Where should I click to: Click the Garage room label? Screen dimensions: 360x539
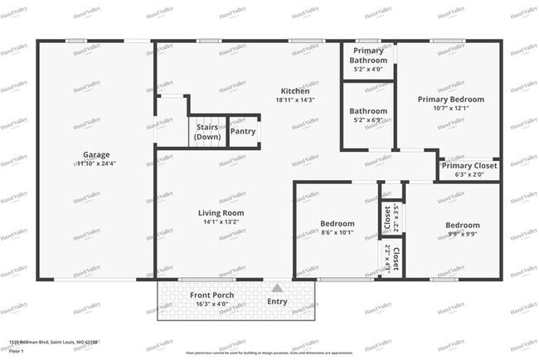click(96, 154)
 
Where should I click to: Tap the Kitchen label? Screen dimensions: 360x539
click(294, 91)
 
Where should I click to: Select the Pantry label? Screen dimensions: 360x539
click(243, 131)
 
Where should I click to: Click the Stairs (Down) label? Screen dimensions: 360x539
click(206, 132)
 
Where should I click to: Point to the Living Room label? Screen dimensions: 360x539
click(219, 213)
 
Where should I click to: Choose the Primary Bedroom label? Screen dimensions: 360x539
click(450, 99)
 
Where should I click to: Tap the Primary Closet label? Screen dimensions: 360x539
click(469, 165)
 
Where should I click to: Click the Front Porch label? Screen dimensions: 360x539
click(211, 295)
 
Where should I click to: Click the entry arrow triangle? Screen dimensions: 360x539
click(276, 288)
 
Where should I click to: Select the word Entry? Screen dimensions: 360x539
click(277, 301)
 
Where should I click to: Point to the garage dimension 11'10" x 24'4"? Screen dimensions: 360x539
click(96, 163)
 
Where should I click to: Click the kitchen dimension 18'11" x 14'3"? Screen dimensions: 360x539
click(294, 100)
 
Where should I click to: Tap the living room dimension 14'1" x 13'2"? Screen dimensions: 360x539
click(219, 222)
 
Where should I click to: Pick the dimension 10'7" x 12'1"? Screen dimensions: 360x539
click(450, 108)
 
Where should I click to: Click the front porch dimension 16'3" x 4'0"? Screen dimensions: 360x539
click(211, 304)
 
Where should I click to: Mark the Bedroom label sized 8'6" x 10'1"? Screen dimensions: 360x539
click(337, 223)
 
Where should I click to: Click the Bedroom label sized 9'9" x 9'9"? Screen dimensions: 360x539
click(462, 225)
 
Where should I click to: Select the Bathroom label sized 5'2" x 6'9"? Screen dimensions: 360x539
click(368, 110)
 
